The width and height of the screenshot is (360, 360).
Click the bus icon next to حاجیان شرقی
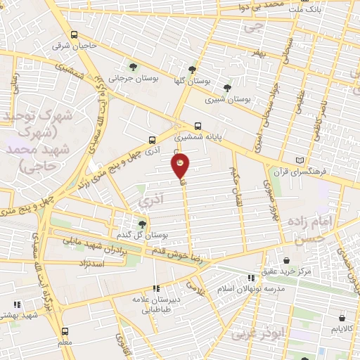point(75,35)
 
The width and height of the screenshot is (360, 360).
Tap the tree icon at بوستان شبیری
point(226,88)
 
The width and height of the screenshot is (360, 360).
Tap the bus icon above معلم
point(65,330)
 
